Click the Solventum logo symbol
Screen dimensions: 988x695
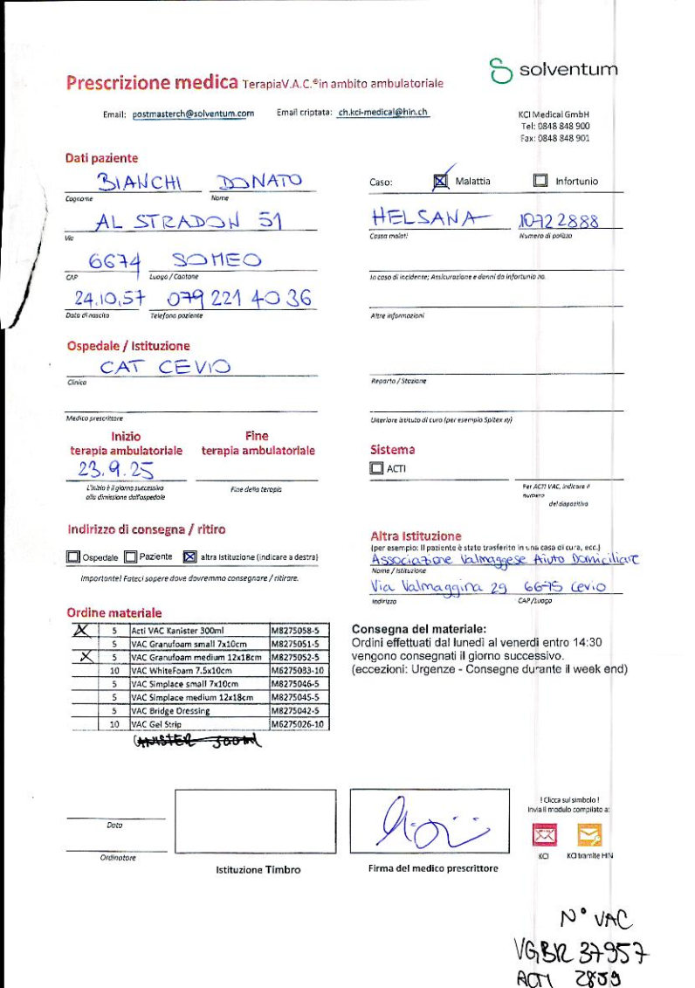pyautogui.click(x=500, y=71)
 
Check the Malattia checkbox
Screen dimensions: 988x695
pyautogui.click(x=441, y=181)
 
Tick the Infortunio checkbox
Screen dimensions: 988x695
pyautogui.click(x=540, y=181)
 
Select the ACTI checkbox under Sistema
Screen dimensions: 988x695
pyautogui.click(x=376, y=468)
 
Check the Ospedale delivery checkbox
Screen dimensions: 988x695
pyautogui.click(x=73, y=556)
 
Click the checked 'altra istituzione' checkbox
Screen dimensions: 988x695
pyautogui.click(x=190, y=556)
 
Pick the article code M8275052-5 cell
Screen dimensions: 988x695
pyautogui.click(x=299, y=657)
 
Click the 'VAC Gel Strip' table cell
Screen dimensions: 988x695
pyautogui.click(x=198, y=724)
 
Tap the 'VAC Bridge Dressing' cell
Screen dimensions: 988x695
pyautogui.click(x=198, y=711)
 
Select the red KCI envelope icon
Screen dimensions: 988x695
pyautogui.click(x=544, y=836)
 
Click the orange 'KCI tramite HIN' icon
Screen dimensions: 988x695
pyautogui.click(x=589, y=836)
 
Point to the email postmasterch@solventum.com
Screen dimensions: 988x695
pyautogui.click(x=193, y=114)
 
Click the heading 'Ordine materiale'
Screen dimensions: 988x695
pyautogui.click(x=114, y=612)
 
